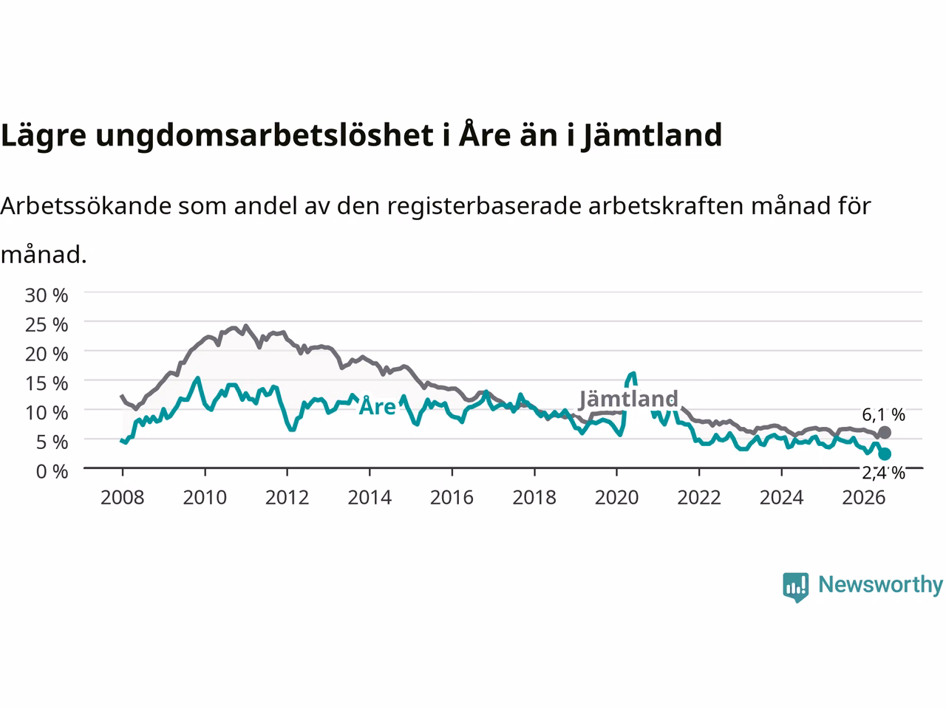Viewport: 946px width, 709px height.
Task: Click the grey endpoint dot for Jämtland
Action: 885,432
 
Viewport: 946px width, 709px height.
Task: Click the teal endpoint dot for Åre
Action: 885,453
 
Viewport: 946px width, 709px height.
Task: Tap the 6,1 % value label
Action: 883,414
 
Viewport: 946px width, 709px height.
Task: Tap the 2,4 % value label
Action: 883,473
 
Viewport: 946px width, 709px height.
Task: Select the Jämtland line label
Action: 628,399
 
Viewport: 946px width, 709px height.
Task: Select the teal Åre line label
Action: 377,406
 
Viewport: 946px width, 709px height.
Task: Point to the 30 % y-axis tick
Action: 46,295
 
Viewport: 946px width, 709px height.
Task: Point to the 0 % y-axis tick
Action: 52,472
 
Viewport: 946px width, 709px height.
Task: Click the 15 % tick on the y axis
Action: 46,383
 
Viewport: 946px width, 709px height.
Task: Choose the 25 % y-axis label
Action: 46,324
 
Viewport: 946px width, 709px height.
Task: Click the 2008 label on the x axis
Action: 123,498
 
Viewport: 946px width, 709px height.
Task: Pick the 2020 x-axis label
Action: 616,498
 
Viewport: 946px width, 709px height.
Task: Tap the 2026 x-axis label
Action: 864,498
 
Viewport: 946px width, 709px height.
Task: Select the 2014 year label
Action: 370,498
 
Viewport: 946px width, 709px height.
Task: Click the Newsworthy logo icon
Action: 795,587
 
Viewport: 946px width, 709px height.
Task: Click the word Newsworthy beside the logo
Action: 880,585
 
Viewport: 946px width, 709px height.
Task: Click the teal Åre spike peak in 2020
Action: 633,374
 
